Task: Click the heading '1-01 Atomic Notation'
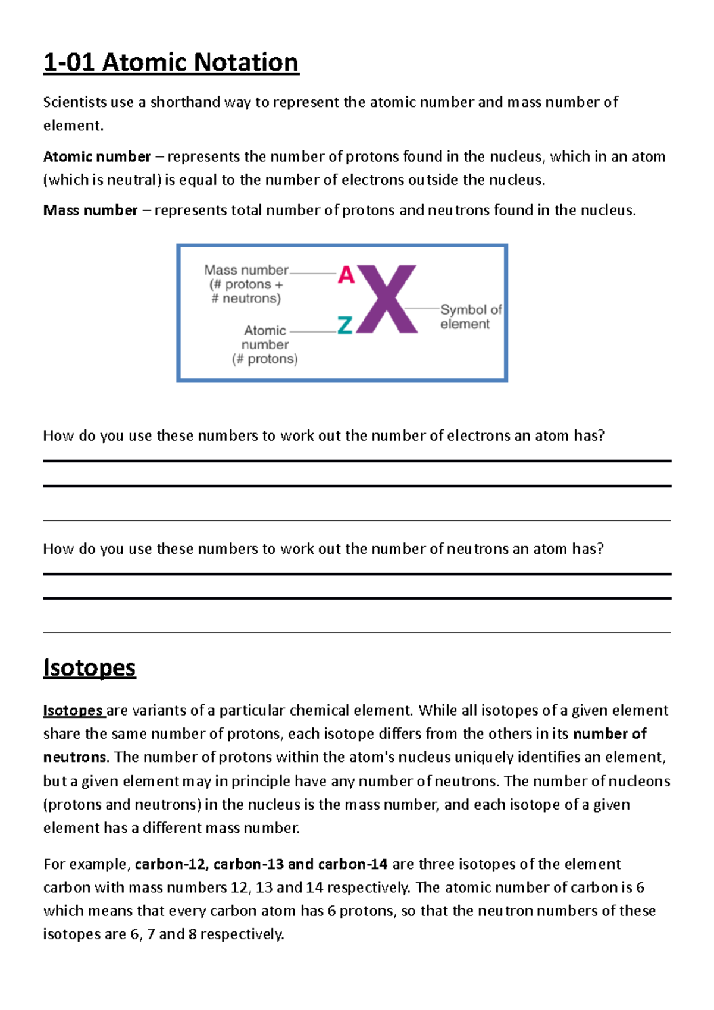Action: click(x=171, y=62)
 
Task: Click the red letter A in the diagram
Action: click(x=346, y=275)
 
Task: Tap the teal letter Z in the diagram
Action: click(x=345, y=325)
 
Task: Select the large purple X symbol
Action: click(x=387, y=299)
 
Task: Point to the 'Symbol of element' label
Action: click(x=470, y=316)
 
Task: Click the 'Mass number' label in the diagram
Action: click(x=246, y=270)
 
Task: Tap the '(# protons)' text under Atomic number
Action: click(x=265, y=359)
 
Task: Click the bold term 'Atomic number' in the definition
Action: click(x=96, y=156)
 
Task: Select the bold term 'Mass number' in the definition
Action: click(x=90, y=210)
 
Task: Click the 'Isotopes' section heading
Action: click(x=89, y=667)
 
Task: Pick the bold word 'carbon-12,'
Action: click(x=171, y=864)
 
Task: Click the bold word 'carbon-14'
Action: click(x=353, y=864)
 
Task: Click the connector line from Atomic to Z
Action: click(x=313, y=331)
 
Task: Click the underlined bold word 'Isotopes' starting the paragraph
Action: click(x=73, y=710)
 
